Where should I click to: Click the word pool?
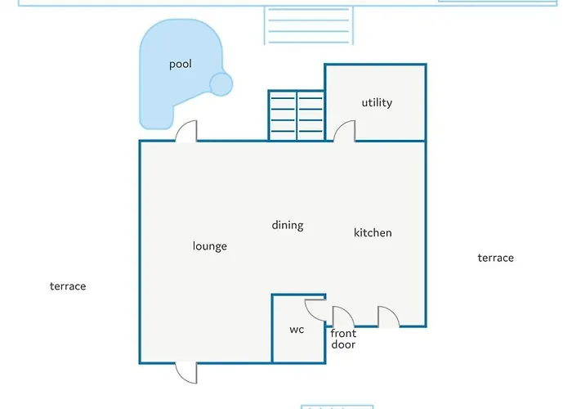(x=181, y=65)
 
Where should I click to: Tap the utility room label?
(x=377, y=102)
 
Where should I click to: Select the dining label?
(x=288, y=225)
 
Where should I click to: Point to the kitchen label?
(x=373, y=232)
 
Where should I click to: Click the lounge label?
(x=210, y=246)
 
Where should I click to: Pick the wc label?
(x=297, y=330)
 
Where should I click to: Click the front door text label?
(x=343, y=339)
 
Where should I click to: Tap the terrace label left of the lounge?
(x=68, y=286)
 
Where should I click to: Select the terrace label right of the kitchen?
(x=496, y=258)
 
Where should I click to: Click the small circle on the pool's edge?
(x=221, y=84)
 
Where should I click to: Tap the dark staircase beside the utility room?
(x=297, y=115)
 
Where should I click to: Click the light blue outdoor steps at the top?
(x=309, y=25)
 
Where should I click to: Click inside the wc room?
(x=298, y=344)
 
